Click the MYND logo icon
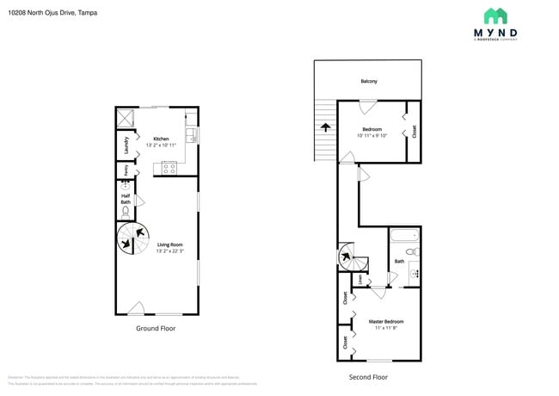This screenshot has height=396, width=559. click(494, 15)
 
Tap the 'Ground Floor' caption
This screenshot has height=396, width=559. click(157, 329)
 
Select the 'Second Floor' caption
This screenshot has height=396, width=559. click(367, 377)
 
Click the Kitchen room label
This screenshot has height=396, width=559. click(161, 139)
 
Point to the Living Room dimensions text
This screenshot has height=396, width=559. click(169, 251)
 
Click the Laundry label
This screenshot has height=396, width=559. click(126, 143)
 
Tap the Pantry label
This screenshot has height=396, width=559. click(126, 170)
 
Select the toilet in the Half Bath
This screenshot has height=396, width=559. click(126, 210)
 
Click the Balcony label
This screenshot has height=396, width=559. click(368, 82)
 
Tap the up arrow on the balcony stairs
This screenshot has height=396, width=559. click(326, 126)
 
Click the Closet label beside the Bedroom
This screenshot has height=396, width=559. click(414, 131)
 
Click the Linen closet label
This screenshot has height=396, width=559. click(359, 279)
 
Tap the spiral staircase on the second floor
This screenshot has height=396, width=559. click(346, 256)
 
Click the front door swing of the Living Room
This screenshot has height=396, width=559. click(135, 307)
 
